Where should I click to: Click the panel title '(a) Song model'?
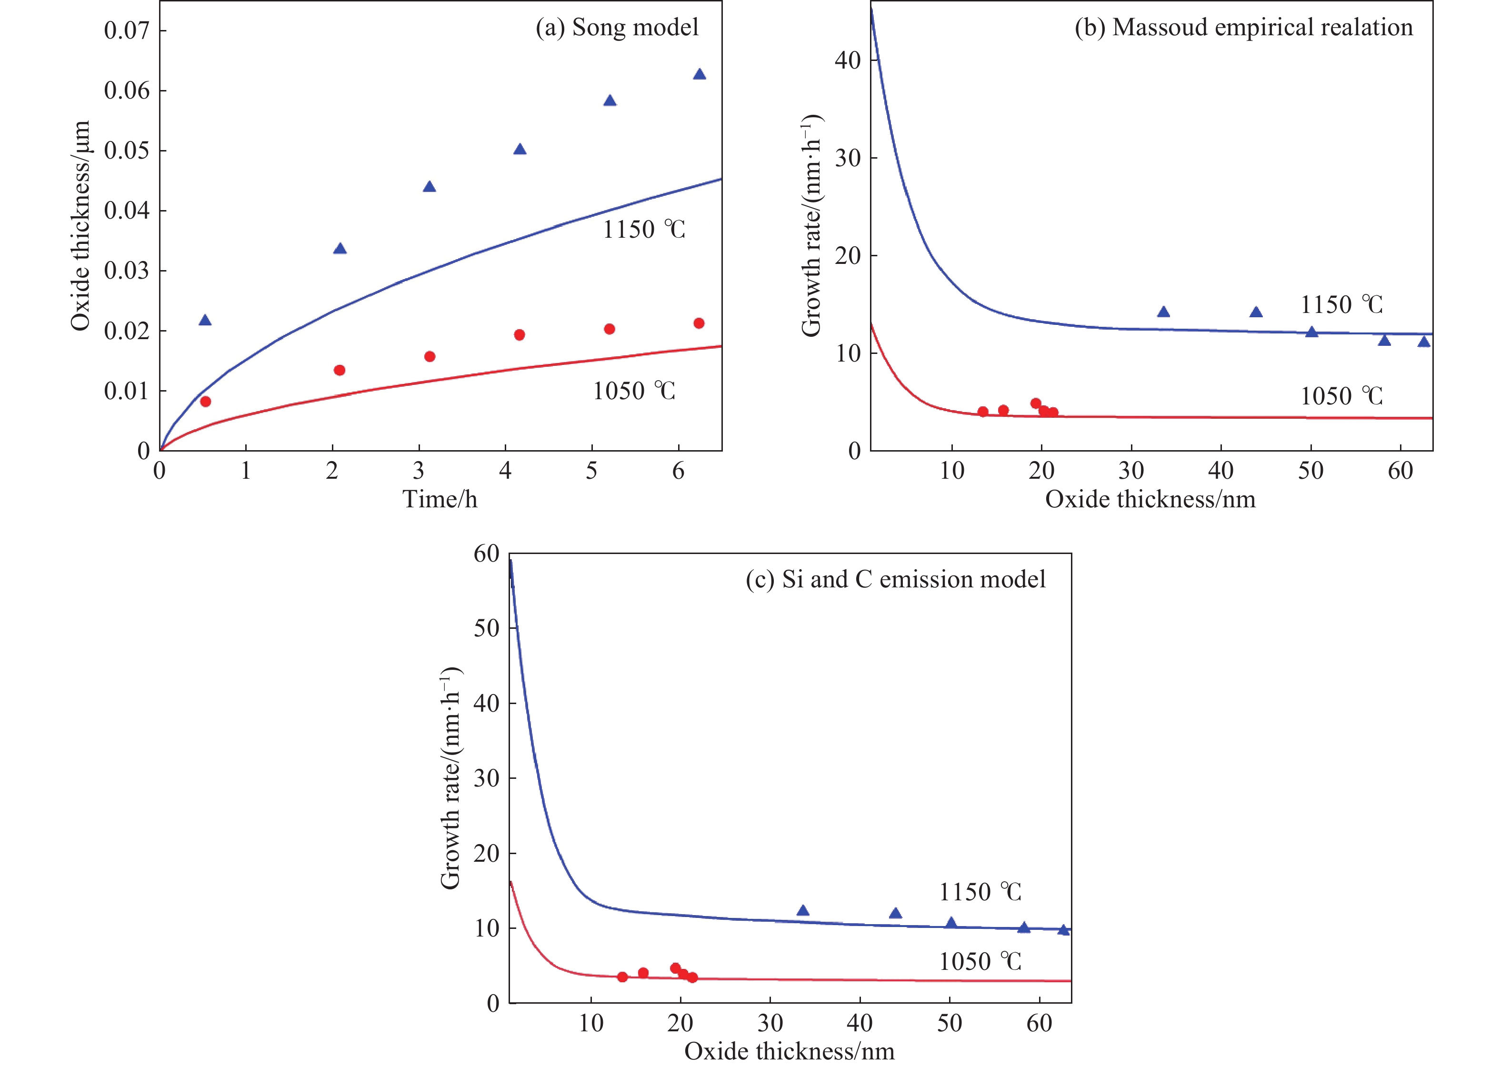617,28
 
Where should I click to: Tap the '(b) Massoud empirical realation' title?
1243,28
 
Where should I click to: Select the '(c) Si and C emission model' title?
895,579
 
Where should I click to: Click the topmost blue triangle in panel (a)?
700,74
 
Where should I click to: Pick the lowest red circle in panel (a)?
205,401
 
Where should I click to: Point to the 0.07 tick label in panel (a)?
126,30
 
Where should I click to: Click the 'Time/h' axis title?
440,500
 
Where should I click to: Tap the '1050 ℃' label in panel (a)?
634,391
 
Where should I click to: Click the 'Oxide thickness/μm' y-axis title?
80,226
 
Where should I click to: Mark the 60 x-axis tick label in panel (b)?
1400,471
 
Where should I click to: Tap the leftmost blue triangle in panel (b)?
1163,312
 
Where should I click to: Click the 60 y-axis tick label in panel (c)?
486,554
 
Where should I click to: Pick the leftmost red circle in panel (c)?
622,977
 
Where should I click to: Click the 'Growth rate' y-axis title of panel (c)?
451,779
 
